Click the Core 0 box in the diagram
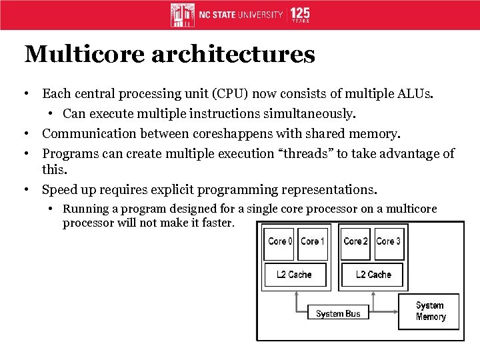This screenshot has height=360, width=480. [280, 241]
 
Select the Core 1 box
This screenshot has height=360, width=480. [313, 241]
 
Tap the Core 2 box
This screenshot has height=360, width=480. [355, 241]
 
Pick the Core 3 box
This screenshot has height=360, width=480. [388, 241]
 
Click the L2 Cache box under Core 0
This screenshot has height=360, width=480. [294, 275]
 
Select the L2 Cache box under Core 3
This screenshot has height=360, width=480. [373, 275]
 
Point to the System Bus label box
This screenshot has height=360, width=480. [338, 313]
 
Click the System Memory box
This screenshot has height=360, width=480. [430, 311]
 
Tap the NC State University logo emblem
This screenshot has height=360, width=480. [183, 15]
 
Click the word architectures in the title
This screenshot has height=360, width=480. [233, 54]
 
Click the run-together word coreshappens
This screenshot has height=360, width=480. [231, 134]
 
